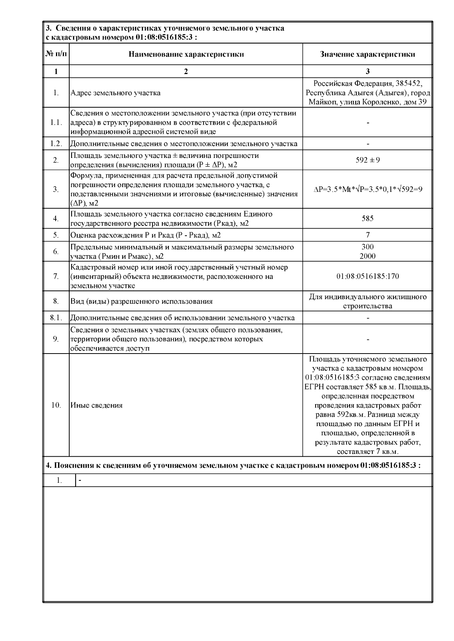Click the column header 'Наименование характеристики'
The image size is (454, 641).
coord(186,54)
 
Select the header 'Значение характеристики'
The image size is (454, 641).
coord(367,54)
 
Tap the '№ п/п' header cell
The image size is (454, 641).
coord(56,54)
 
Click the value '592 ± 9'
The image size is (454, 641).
coord(367,160)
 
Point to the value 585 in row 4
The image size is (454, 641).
coord(367,218)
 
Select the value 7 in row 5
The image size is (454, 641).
coord(368,235)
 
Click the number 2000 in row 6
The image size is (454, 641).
coord(367,256)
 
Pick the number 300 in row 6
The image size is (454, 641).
coord(367,247)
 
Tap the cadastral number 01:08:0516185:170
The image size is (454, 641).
coord(367,276)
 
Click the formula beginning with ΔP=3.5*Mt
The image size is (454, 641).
coord(367,189)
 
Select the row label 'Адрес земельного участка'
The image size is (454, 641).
coord(115,93)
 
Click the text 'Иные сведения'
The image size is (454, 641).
coord(96,405)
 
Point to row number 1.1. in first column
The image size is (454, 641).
coord(56,122)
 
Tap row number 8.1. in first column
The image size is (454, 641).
coord(56,318)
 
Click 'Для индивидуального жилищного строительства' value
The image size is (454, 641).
coord(367,301)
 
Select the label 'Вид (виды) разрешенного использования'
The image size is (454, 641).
coord(141,301)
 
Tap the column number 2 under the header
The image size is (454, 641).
coord(186,71)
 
